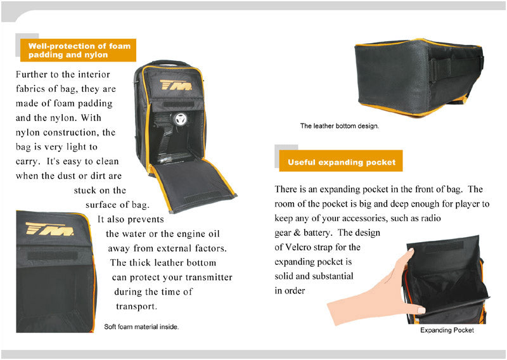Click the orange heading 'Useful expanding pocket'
(341, 162)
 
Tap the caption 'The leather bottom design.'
(339, 126)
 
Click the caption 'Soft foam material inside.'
(141, 327)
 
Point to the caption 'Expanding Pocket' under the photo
(447, 330)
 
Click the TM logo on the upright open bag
(176, 84)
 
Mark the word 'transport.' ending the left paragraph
(136, 306)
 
